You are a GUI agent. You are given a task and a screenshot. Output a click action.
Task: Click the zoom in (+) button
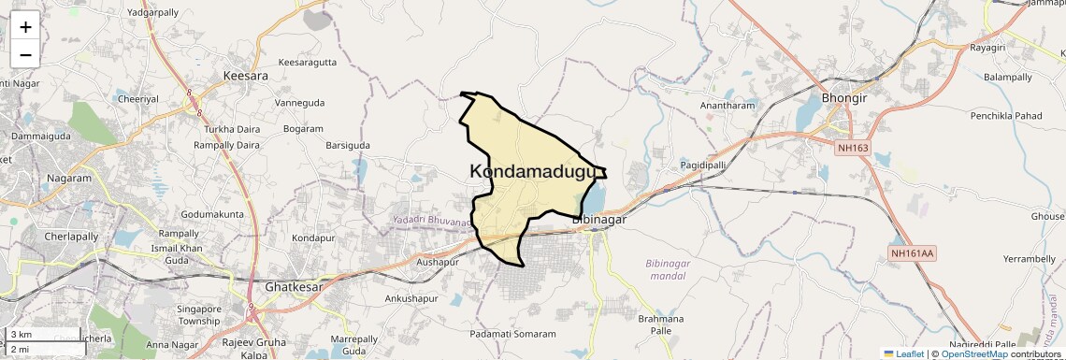(25, 27)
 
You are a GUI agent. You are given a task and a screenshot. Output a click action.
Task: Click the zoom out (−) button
(25, 54)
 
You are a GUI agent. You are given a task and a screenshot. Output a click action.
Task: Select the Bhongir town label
(843, 98)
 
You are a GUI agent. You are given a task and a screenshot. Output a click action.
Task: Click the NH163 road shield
(853, 147)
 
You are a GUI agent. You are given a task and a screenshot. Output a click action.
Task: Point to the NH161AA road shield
(913, 252)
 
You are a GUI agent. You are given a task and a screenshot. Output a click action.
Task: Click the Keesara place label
(246, 75)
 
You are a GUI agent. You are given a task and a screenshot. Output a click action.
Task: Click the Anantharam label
(727, 106)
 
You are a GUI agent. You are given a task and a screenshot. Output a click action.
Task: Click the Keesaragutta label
(308, 63)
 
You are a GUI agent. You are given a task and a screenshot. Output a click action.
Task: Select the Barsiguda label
(347, 145)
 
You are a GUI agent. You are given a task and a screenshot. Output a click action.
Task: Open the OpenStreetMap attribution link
(973, 353)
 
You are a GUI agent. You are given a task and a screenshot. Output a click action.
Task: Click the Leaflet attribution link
(904, 353)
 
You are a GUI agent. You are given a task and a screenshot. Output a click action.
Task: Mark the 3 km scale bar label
(22, 335)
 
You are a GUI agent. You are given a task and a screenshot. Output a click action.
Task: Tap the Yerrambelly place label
(1029, 258)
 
